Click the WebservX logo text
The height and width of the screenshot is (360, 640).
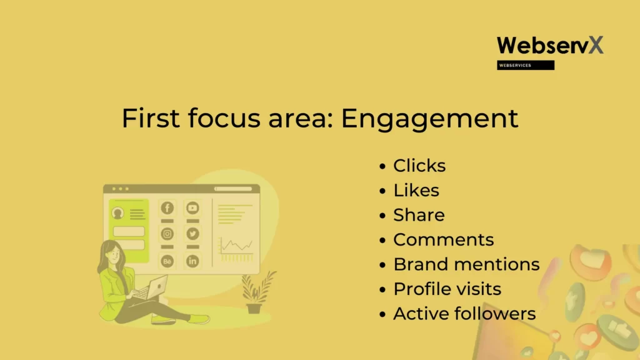tap(550, 45)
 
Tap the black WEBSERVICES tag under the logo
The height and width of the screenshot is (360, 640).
tap(525, 65)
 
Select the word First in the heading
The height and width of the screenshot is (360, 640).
tap(151, 118)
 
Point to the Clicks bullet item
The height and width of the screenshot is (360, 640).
tap(419, 166)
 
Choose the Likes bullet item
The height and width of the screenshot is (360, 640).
tap(416, 190)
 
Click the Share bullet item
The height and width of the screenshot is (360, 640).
tap(419, 215)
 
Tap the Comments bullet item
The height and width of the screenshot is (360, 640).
tap(443, 239)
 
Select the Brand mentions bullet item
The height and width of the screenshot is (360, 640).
tap(466, 264)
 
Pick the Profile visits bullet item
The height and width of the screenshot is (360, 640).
tap(447, 289)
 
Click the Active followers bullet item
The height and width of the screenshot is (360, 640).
tap(464, 314)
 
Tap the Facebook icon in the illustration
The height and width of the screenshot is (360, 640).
tap(167, 208)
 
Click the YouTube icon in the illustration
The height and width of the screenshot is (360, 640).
tap(192, 208)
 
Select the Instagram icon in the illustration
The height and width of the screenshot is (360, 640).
tap(167, 234)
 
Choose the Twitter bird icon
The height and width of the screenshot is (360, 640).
tap(192, 234)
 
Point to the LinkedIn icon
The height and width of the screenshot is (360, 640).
tap(192, 261)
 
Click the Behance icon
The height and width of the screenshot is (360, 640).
tap(167, 261)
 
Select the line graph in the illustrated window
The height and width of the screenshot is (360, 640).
tap(236, 245)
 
